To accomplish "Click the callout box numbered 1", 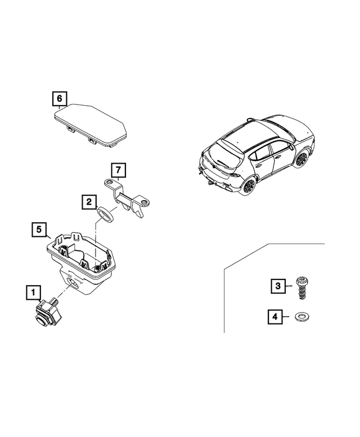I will (x=33, y=292).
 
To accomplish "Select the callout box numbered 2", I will (x=88, y=201).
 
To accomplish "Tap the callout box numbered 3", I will (x=276, y=286).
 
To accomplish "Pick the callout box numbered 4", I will (x=275, y=317).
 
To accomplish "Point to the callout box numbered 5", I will (x=38, y=229).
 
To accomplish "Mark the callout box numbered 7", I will (x=118, y=169).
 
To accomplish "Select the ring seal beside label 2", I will (x=106, y=214).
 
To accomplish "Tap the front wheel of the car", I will (x=300, y=159).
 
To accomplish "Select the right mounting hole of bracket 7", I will (x=145, y=202).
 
